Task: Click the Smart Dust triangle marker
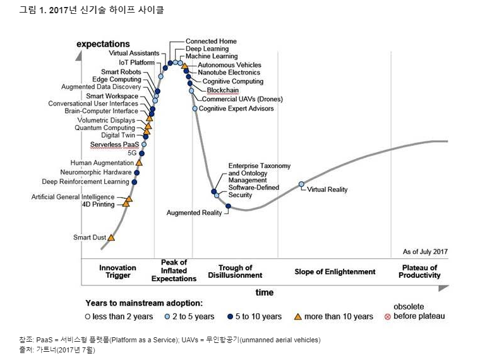click(x=112, y=237)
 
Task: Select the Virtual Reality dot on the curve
click(x=301, y=184)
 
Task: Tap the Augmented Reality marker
click(x=228, y=206)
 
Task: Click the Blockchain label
click(x=218, y=90)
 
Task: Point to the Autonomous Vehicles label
click(x=229, y=65)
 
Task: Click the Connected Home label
click(x=211, y=41)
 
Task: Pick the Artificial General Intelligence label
click(x=73, y=197)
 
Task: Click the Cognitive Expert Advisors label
click(x=236, y=109)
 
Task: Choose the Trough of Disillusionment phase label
click(x=236, y=272)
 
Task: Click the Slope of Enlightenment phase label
click(x=335, y=272)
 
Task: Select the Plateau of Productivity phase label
click(x=420, y=272)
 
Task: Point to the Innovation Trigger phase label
click(x=118, y=272)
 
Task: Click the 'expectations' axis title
click(x=103, y=44)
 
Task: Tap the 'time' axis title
click(x=265, y=292)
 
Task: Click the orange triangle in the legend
click(x=297, y=316)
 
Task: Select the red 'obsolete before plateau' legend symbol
click(x=387, y=316)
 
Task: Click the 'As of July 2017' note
click(x=425, y=252)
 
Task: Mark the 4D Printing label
click(x=98, y=205)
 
